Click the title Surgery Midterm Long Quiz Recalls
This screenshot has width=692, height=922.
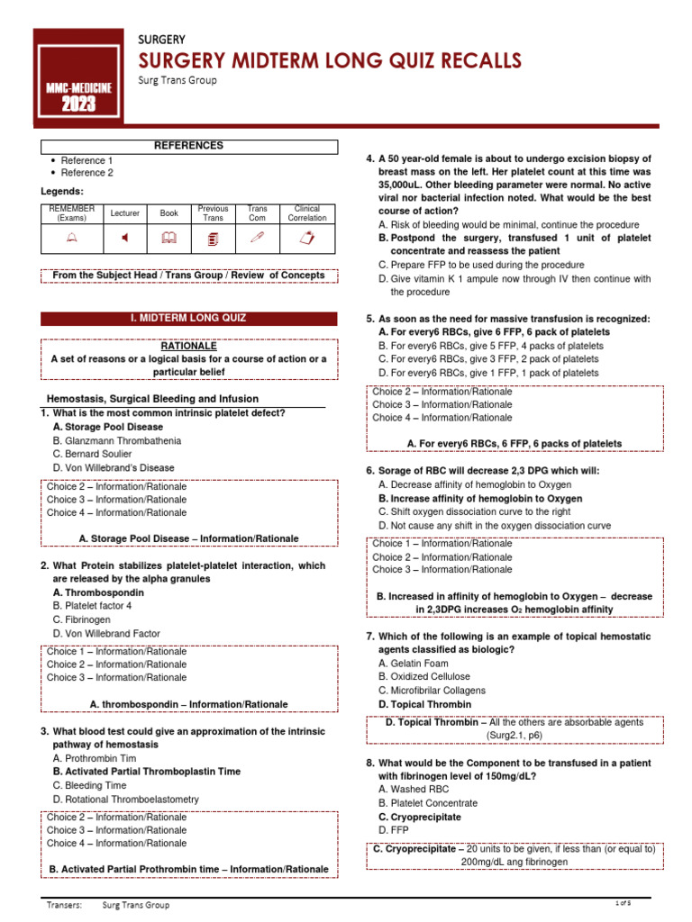(329, 60)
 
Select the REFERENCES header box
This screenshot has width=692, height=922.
(188, 146)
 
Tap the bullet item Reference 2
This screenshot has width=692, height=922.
(87, 173)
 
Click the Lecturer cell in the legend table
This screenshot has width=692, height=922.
(125, 213)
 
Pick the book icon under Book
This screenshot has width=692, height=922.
(168, 238)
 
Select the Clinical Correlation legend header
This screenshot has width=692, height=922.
(307, 213)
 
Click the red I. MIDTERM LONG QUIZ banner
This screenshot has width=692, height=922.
(188, 319)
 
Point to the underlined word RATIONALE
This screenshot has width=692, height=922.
(188, 346)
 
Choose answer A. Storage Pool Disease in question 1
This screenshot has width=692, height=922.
(108, 427)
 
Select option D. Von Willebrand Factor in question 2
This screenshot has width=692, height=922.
(106, 634)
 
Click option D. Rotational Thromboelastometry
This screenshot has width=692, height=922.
(126, 800)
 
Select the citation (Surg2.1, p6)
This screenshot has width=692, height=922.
(514, 736)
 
